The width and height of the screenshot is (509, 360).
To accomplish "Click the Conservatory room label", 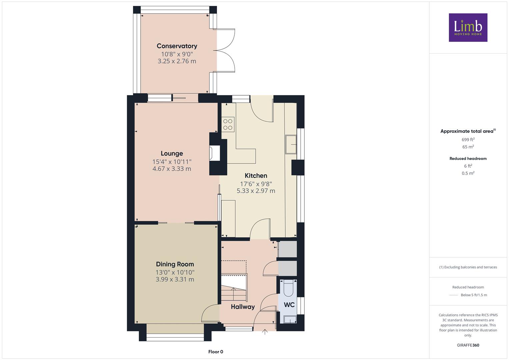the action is [x=177, y=46].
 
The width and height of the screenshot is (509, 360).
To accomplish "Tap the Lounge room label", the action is [x=172, y=153].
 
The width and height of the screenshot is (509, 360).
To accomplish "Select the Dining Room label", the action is [x=175, y=264].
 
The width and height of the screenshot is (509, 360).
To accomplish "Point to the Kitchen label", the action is [x=256, y=175].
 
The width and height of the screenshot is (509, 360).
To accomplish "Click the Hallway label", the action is [x=243, y=307].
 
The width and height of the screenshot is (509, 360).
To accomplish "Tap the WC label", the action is [x=289, y=305].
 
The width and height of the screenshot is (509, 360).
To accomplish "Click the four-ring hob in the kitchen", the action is [x=228, y=124].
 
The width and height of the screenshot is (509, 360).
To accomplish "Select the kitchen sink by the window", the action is [x=291, y=144].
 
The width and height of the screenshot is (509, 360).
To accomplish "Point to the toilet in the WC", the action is [x=289, y=288].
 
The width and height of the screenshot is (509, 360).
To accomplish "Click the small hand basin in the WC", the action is [x=290, y=319].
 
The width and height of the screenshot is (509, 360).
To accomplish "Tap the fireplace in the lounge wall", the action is [x=215, y=153].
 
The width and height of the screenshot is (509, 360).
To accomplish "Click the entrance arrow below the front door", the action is [x=265, y=332].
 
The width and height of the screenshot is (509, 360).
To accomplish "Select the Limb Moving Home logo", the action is [x=468, y=27].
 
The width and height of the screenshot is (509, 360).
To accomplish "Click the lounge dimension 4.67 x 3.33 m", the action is [x=172, y=169].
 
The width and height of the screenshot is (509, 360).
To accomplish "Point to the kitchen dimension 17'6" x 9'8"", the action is [x=256, y=184].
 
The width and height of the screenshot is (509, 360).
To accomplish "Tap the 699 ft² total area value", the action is [x=468, y=140].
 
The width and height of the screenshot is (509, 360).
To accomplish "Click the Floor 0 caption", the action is [x=216, y=352].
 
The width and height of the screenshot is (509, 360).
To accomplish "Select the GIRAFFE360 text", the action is [x=468, y=345].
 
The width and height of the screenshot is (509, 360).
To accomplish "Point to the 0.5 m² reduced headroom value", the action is [x=468, y=173].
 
